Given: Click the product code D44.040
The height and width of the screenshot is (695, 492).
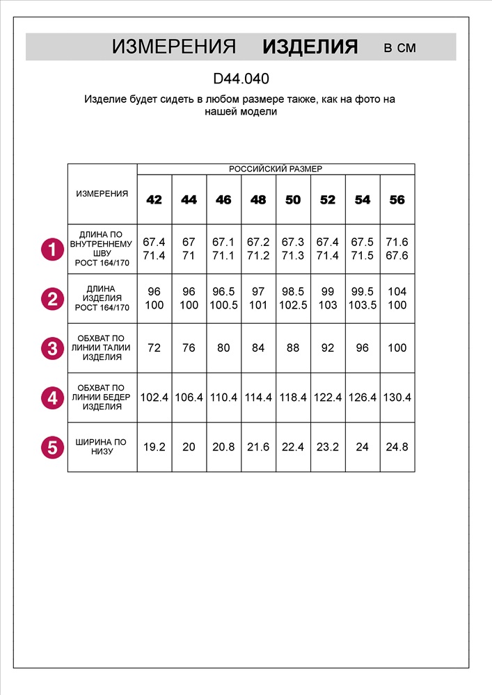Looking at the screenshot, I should pyautogui.click(x=241, y=79).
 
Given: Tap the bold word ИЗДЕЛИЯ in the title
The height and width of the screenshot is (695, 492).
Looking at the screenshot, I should pyautogui.click(x=310, y=47).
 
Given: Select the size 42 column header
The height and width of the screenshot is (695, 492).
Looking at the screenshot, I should pyautogui.click(x=154, y=200).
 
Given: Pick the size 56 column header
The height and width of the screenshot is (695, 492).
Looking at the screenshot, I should pyautogui.click(x=397, y=200).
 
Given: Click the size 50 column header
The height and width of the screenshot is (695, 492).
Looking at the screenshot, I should pyautogui.click(x=293, y=200).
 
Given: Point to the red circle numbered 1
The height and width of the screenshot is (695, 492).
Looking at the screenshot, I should pyautogui.click(x=52, y=249).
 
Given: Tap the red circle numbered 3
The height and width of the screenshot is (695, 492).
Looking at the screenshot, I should pyautogui.click(x=52, y=348).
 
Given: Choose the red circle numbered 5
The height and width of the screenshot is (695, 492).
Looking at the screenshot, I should pyautogui.click(x=52, y=447).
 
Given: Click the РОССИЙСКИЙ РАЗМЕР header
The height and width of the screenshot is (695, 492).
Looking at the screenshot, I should pyautogui.click(x=276, y=169).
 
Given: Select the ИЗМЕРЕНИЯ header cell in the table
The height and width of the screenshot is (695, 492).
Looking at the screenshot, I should pyautogui.click(x=102, y=194).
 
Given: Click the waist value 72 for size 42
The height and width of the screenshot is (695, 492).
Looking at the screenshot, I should pyautogui.click(x=154, y=348).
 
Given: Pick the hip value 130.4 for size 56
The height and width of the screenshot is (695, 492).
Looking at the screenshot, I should pyautogui.click(x=397, y=398).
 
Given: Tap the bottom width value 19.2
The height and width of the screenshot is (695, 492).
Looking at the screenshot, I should pyautogui.click(x=154, y=447).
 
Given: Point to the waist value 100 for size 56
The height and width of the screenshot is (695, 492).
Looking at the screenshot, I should pyautogui.click(x=397, y=348).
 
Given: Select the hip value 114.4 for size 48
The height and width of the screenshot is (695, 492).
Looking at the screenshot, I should pyautogui.click(x=258, y=398).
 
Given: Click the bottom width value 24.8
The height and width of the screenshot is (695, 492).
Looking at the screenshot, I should pyautogui.click(x=397, y=447).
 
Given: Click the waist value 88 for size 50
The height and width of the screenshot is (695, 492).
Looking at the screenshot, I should pyautogui.click(x=293, y=348).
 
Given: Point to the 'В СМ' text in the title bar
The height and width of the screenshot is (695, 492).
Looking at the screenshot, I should pyautogui.click(x=400, y=48).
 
